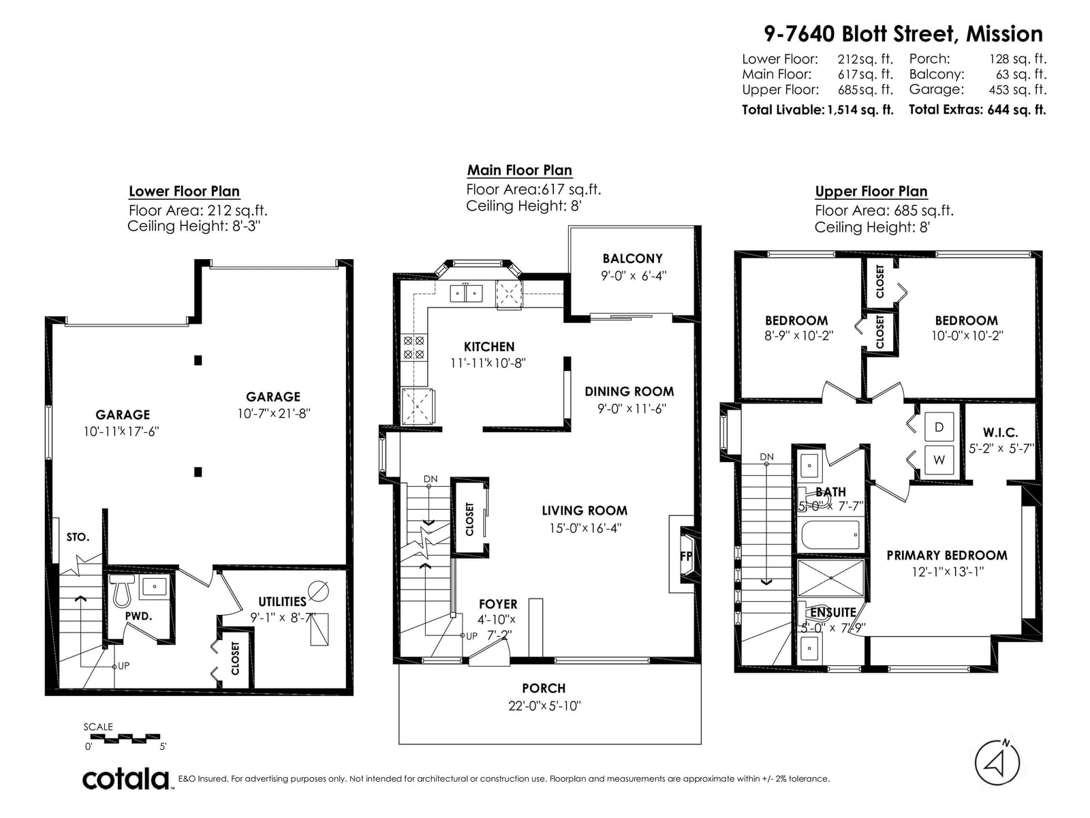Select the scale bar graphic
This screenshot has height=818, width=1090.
pos(125,738)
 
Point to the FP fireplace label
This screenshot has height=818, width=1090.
pos(686,556)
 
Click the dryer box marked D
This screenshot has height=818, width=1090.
pos(939,427)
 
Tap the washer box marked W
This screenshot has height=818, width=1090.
pos(939,460)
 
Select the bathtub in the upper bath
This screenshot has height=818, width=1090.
pos(830,535)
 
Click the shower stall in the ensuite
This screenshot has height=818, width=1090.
pos(830,578)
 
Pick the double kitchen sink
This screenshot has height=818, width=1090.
pos(466,293)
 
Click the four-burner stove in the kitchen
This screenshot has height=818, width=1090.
pos(414,347)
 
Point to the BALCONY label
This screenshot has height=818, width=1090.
pos(632,258)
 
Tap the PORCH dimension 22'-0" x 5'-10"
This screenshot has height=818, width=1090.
pos(544,706)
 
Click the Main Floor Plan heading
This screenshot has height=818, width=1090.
pos(519,170)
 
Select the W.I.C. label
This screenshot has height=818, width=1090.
pos(1000,432)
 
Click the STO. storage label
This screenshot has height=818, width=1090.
pos(78,537)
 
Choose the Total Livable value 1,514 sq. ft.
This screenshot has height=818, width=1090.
pos(860,110)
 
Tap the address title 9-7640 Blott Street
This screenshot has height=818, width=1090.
pos(858,34)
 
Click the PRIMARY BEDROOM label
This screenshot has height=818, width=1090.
pos(947,556)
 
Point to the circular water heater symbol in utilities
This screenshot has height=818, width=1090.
pos(318,590)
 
